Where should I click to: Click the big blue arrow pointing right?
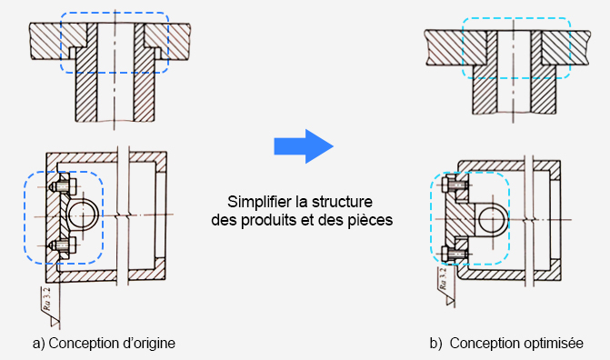(304, 146)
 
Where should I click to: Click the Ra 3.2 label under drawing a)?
(46, 298)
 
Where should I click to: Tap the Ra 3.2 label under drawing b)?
(443, 279)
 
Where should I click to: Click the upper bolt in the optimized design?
(455, 184)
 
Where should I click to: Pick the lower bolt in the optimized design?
(455, 255)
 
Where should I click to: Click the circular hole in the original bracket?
(83, 215)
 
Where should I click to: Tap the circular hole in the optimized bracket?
(493, 219)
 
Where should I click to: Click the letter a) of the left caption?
(38, 344)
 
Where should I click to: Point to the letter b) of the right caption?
(435, 344)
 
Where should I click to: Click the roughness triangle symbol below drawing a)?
(55, 322)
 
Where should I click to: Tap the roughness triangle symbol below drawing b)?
(451, 301)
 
